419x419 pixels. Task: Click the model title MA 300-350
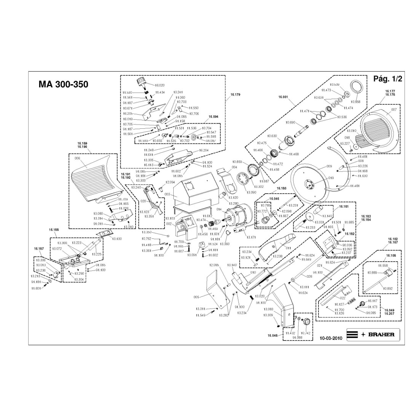tap(63, 84)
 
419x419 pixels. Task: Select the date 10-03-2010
tap(331, 338)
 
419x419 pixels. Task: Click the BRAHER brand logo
tap(373, 334)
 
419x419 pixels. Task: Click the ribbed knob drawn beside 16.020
tap(141, 82)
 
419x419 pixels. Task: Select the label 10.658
tap(355, 102)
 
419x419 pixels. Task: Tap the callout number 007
tap(394, 110)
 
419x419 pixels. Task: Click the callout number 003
tap(166, 195)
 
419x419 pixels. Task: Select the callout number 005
tap(197, 297)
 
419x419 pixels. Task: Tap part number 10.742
tap(306, 333)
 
